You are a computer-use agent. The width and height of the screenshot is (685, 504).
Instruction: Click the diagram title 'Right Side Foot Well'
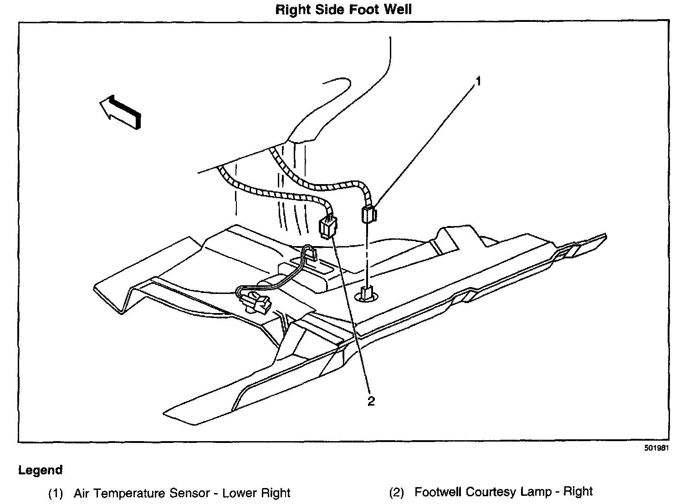(343, 10)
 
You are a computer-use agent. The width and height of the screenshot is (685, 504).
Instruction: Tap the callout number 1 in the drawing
(478, 82)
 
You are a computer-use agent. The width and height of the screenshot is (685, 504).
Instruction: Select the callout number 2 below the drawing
(371, 401)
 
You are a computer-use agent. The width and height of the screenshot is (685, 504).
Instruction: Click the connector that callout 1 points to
(368, 214)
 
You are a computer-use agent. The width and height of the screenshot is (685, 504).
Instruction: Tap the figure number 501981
(656, 448)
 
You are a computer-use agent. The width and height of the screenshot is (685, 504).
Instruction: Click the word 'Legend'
(40, 470)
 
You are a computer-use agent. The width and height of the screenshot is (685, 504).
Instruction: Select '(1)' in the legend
(55, 493)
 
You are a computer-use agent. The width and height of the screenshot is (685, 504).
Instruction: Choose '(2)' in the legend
(396, 493)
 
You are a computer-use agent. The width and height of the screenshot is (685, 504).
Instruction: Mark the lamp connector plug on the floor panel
(258, 303)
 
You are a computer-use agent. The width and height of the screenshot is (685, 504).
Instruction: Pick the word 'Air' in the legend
(82, 493)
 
